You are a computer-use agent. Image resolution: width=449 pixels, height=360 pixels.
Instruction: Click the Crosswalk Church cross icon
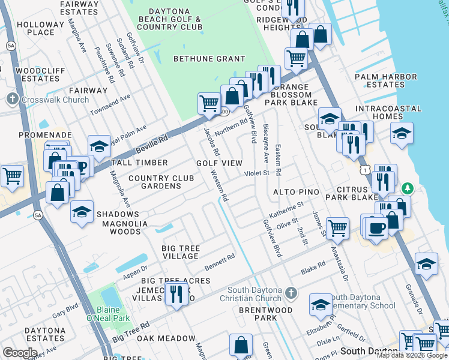pyautogui.click(x=12, y=99)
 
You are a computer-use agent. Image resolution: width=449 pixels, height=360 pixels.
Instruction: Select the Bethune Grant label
pyautogui.click(x=209, y=59)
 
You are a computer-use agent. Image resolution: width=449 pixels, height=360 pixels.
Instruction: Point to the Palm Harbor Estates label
pyautogui.click(x=386, y=81)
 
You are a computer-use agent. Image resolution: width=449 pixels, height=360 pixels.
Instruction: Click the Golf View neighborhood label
pyautogui.click(x=220, y=163)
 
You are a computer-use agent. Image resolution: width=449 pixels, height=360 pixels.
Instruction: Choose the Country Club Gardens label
pyautogui.click(x=161, y=182)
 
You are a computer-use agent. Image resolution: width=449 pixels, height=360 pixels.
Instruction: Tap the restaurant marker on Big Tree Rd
pyautogui.click(x=176, y=294)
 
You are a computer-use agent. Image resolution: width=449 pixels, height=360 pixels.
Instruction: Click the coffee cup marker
pyautogui.click(x=376, y=229)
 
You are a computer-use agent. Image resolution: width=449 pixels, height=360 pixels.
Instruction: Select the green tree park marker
pyautogui.click(x=408, y=188)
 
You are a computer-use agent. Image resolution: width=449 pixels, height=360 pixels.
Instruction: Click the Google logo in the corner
pyautogui.click(x=20, y=353)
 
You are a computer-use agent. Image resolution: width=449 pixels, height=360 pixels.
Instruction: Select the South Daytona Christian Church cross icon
pyautogui.click(x=291, y=293)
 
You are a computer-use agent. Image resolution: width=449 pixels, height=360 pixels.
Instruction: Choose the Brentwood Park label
pyautogui.click(x=265, y=314)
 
